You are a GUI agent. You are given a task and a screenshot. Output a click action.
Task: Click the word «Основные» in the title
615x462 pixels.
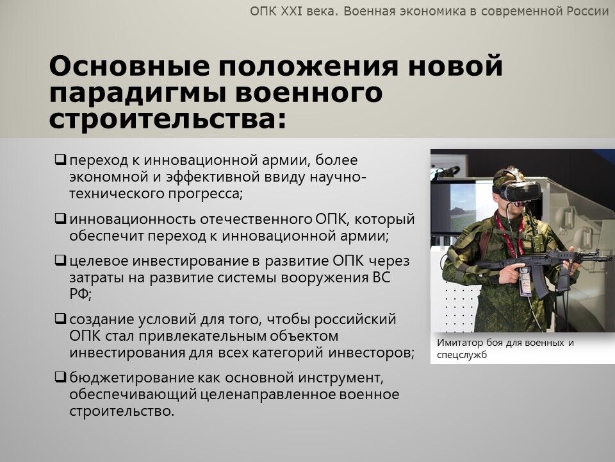(130, 65)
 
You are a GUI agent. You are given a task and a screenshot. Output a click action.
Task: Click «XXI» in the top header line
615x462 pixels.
(291, 11)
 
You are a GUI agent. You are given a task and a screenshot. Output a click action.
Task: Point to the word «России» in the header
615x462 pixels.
(587, 11)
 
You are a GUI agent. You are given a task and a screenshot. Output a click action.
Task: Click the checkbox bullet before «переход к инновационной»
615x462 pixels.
(60, 160)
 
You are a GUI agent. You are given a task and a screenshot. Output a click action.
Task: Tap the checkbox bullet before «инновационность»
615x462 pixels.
(60, 218)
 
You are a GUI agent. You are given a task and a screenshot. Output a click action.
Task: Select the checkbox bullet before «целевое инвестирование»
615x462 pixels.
(60, 260)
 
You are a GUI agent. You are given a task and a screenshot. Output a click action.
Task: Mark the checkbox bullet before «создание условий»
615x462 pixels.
(60, 318)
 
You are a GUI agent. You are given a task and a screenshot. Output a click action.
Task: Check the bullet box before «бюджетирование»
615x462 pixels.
(60, 377)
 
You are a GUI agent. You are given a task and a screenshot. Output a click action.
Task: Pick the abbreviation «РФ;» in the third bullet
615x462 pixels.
(81, 293)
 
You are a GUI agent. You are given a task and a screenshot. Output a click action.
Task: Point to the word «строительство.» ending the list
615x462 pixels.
(122, 411)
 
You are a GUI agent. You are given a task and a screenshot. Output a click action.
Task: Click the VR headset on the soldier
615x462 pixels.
(518, 191)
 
